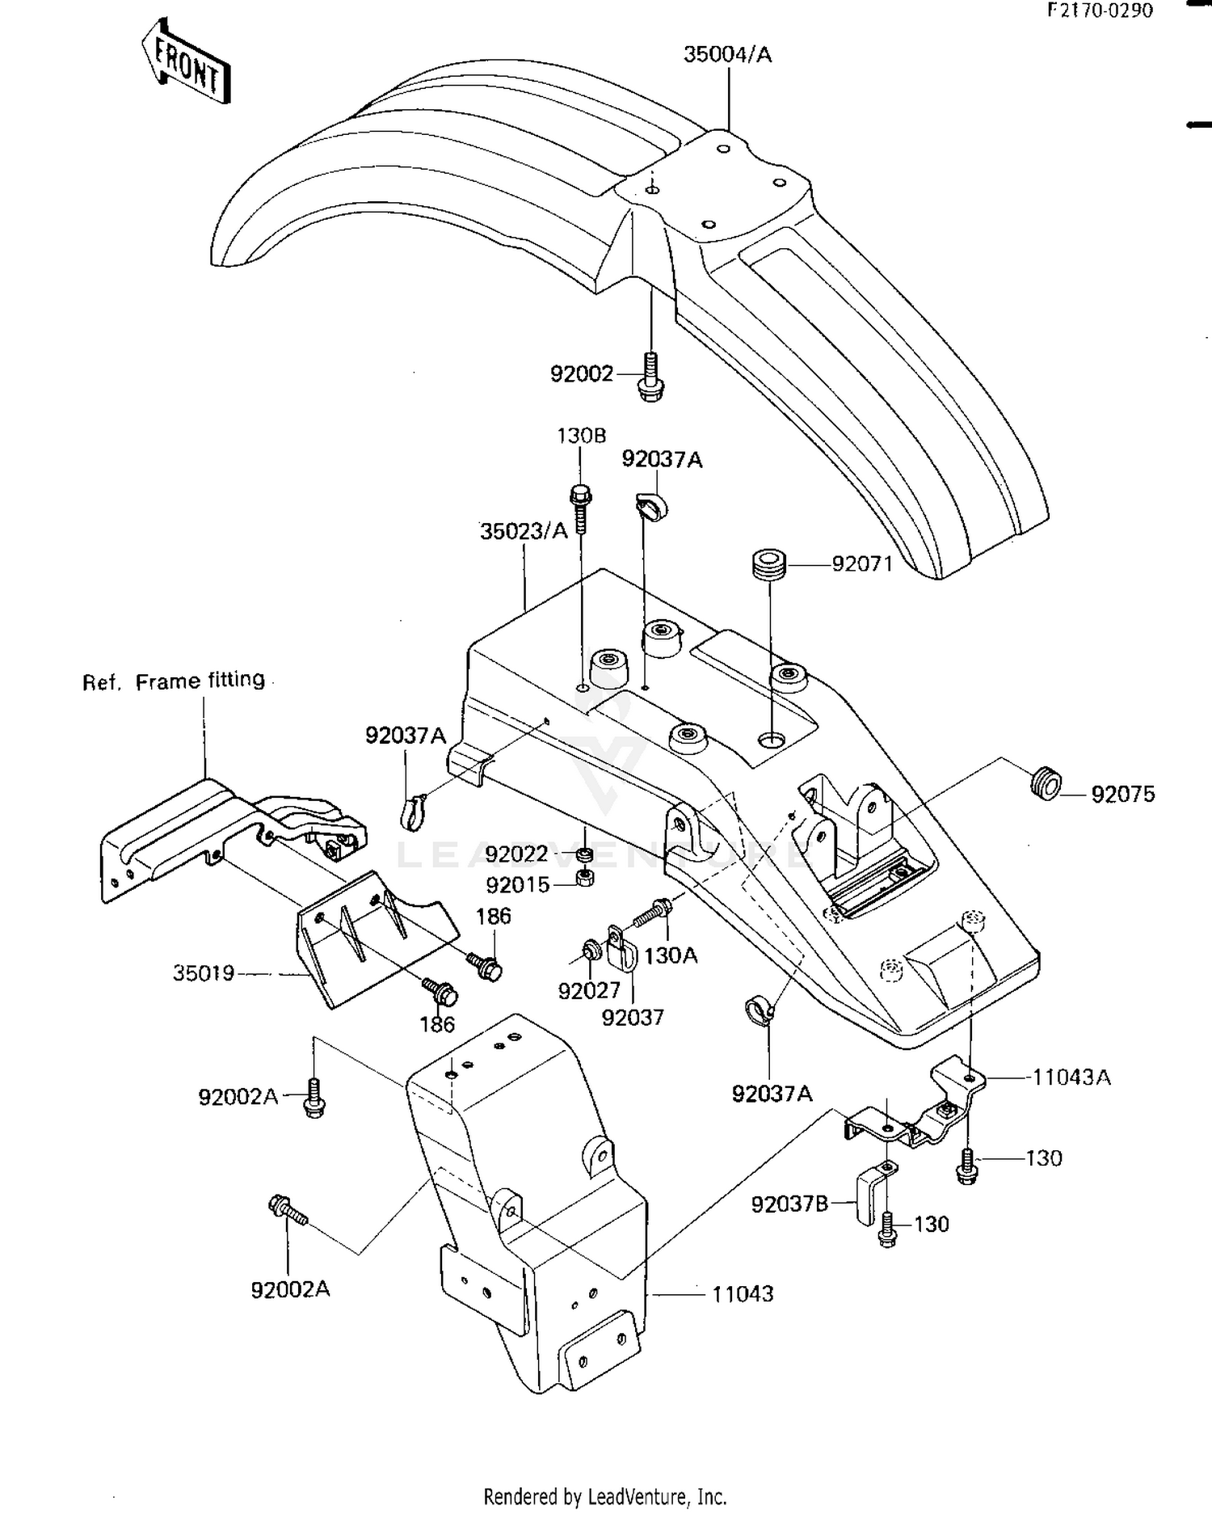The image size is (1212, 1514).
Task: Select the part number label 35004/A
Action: (727, 55)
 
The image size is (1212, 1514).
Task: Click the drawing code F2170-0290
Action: (1100, 11)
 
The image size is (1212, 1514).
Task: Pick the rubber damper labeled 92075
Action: (1046, 784)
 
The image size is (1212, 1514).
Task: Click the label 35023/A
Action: (524, 531)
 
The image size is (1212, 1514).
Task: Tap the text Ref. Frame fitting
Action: (174, 681)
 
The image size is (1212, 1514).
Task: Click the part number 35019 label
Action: (204, 972)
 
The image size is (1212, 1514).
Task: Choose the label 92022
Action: (516, 854)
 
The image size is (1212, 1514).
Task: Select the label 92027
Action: (589, 990)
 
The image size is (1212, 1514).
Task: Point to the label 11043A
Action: (1071, 1078)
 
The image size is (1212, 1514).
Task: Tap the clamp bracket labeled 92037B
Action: (868, 1194)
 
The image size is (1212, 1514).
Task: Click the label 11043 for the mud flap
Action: (743, 1294)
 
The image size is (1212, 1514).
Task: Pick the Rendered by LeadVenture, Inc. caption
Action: (605, 1496)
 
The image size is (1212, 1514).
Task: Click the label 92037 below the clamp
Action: (633, 1018)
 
